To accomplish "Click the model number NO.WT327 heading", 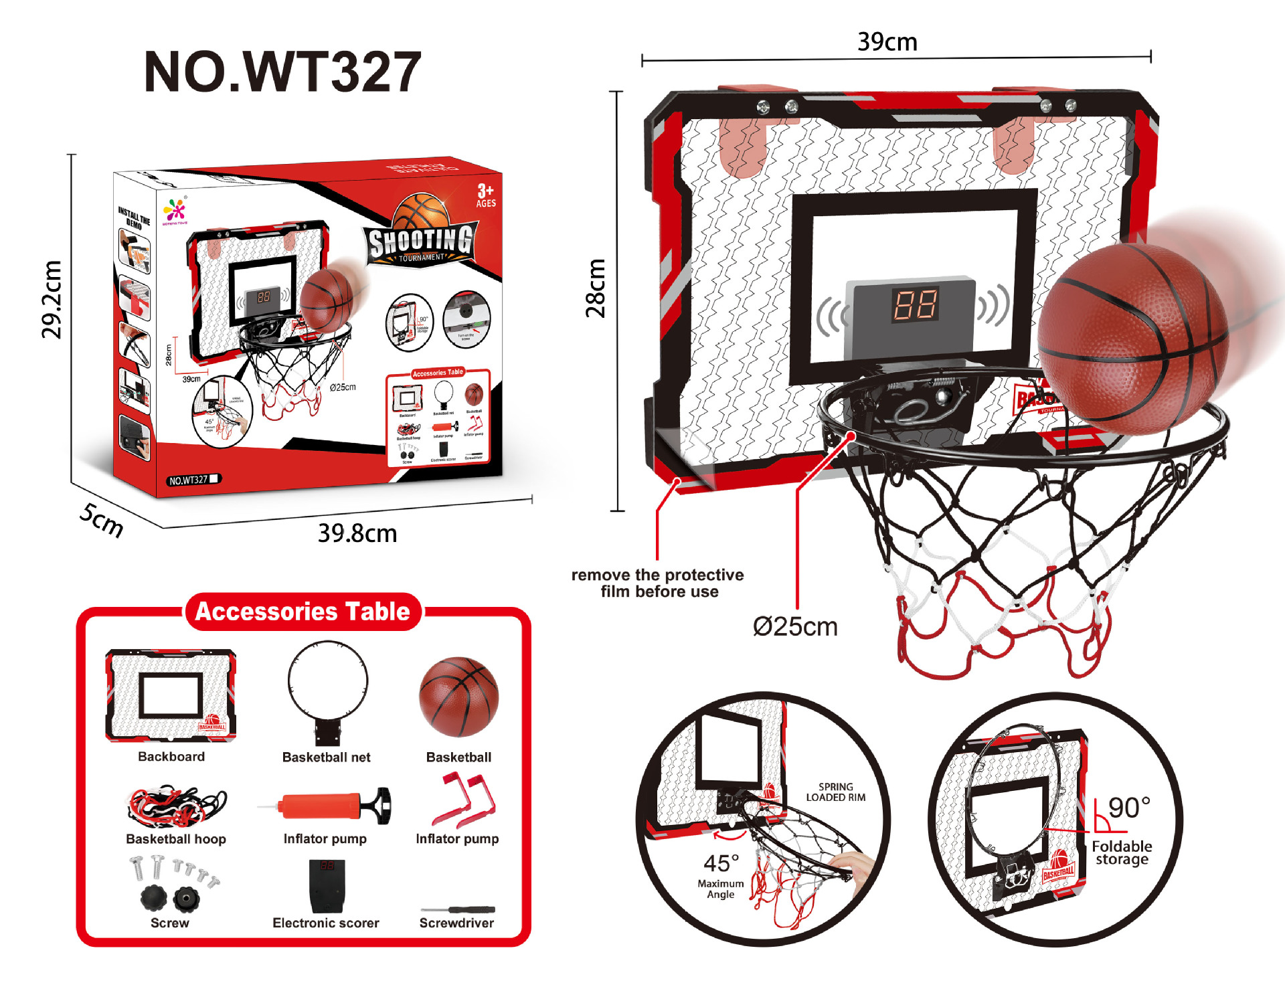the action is (x=282, y=72).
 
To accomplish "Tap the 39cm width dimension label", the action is (x=887, y=41).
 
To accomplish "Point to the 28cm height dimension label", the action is (x=595, y=288).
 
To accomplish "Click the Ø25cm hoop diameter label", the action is (x=795, y=627).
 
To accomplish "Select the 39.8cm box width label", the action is (x=357, y=533).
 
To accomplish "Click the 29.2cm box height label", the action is (x=52, y=299).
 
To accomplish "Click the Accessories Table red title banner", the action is (x=303, y=612).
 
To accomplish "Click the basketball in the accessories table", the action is (x=458, y=697).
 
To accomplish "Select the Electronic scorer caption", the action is (x=326, y=923).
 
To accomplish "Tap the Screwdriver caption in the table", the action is (x=456, y=923).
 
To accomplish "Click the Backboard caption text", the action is (x=171, y=757).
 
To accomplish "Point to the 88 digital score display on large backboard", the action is (x=916, y=304).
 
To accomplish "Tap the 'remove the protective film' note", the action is (x=658, y=583).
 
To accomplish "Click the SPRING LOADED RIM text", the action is (x=835, y=792).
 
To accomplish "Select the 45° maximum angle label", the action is (x=721, y=863).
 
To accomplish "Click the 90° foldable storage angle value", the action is (x=1129, y=808).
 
